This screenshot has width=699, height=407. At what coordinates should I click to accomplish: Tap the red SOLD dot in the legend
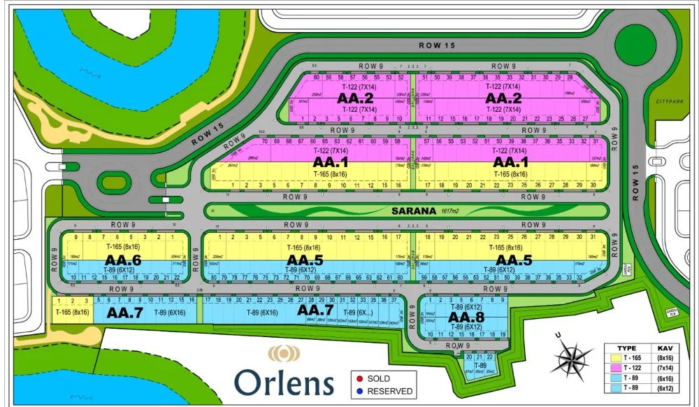[359, 378]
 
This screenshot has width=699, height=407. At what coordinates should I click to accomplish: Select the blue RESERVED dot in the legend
[359, 391]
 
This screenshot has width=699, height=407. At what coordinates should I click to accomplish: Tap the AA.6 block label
[126, 260]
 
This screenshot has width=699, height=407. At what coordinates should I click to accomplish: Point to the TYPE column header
[627, 348]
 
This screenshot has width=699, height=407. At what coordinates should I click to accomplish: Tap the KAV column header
[664, 348]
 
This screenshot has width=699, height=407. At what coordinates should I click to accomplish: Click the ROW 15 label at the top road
[437, 45]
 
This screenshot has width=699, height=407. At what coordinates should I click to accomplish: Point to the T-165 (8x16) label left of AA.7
[73, 313]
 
